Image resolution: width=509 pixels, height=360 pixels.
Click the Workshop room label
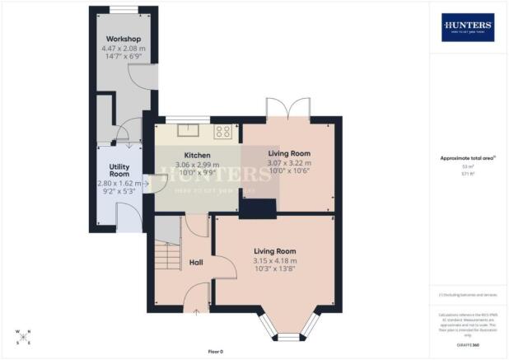(122, 39)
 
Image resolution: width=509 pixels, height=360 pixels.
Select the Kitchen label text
(197, 155)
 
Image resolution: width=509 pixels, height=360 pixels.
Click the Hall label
(196, 262)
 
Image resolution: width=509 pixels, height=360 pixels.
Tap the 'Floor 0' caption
(215, 352)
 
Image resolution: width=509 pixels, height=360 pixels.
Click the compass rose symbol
(23, 335)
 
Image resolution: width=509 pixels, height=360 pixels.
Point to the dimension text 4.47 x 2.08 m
(122, 49)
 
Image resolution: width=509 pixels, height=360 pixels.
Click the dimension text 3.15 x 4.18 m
(274, 261)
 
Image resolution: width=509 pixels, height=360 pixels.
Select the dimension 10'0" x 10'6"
(288, 171)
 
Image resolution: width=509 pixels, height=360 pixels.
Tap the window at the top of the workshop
(122, 10)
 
